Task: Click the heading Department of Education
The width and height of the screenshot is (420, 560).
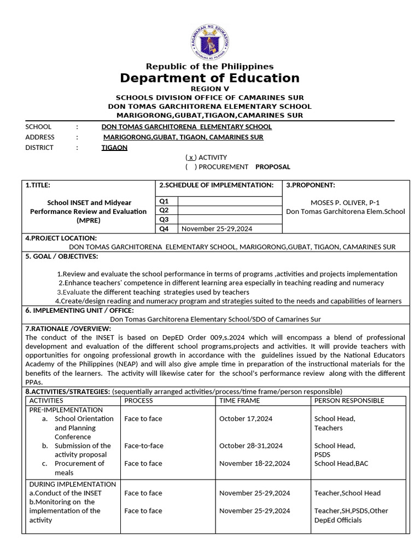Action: coord(210,78)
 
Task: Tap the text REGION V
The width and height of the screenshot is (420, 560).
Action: coord(210,89)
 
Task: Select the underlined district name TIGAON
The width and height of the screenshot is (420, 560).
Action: coord(114,148)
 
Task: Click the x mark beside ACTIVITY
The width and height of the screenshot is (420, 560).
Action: coord(191,157)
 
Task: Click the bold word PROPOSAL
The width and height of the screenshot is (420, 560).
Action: coord(273,167)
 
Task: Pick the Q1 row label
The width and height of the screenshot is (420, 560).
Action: coord(164,201)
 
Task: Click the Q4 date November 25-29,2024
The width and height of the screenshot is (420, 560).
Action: coord(217,229)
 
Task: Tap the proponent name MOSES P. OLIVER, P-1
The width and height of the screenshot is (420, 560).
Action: coord(345,202)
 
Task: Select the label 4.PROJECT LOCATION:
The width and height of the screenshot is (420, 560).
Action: coord(61,238)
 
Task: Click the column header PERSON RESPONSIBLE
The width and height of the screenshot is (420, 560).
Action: coord(349,400)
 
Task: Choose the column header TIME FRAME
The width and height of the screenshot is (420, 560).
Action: coord(240,400)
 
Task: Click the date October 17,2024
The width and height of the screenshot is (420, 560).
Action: coord(246,419)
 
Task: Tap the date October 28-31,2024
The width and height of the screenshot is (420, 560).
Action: coord(251,446)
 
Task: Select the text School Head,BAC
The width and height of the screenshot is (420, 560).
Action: coord(341,464)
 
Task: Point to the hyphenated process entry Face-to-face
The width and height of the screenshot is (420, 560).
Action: coord(144,446)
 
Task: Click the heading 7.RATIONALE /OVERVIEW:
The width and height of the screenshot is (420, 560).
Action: coord(68,329)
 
